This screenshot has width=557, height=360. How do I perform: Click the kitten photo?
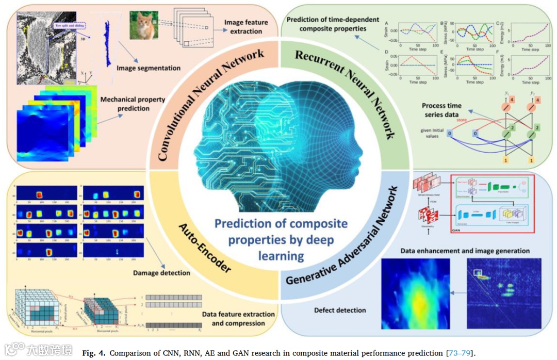tap(144, 24)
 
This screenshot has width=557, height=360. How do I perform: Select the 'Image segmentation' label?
tap(149, 68)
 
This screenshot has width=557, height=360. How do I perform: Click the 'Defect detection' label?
tap(340, 310)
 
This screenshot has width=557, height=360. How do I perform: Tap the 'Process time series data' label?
tap(441, 110)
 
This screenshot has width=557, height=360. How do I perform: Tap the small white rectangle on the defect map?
tap(478, 272)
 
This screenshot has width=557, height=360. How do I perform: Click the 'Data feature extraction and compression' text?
tap(238, 319)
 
